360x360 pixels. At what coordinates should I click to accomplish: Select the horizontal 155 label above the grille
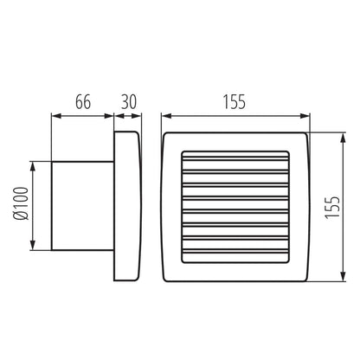pyautogui.click(x=234, y=101)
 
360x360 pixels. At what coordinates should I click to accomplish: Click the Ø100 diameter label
pyautogui.click(x=20, y=205)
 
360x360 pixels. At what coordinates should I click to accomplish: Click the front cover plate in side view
pyautogui.click(x=127, y=206)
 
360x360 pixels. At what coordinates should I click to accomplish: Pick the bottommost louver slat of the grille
pyautogui.click(x=234, y=251)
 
